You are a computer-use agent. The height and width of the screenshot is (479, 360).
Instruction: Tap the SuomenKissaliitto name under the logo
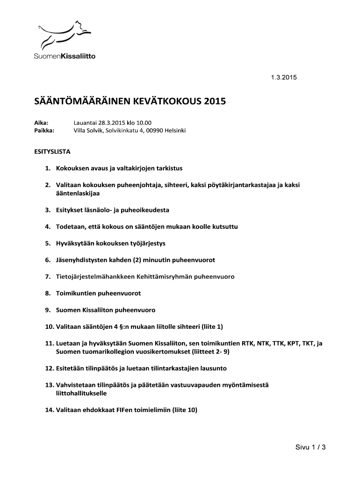tap(65, 56)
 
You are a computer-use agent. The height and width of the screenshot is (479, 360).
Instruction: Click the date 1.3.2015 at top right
tap(284, 78)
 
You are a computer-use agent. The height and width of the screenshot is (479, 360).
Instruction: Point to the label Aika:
tap(41, 122)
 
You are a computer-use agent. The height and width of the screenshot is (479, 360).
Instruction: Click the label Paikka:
tap(44, 131)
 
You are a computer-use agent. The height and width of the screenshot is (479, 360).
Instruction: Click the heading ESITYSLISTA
tap(52, 152)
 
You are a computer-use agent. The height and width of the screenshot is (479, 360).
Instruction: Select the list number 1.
tap(48, 167)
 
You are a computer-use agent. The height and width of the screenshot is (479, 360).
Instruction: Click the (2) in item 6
tap(139, 260)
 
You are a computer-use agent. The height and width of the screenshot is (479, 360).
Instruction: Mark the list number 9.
tap(48, 310)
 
